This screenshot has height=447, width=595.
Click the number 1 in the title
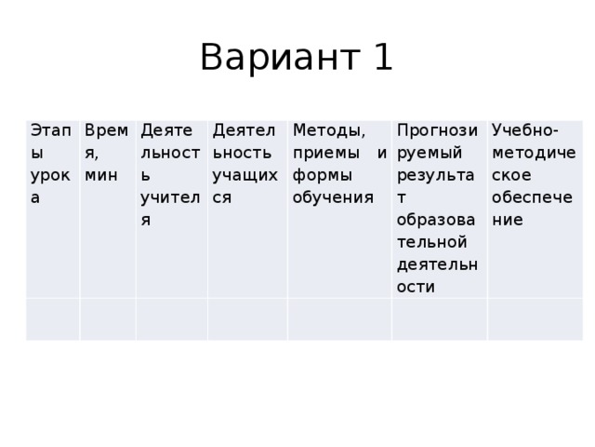coord(382,58)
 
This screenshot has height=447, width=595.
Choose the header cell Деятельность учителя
coord(171,176)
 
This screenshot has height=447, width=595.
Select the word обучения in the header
coord(332,196)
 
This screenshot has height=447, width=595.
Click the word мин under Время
coord(99,174)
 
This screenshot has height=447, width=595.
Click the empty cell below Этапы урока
coord(52,319)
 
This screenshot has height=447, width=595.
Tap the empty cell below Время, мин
coord(107,319)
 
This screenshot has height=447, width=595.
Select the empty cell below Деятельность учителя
coord(171,319)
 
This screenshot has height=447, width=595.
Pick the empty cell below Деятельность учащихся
coord(246,319)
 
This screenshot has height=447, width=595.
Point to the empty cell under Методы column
coord(338,319)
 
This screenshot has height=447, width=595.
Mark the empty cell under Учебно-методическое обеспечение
coord(535,319)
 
